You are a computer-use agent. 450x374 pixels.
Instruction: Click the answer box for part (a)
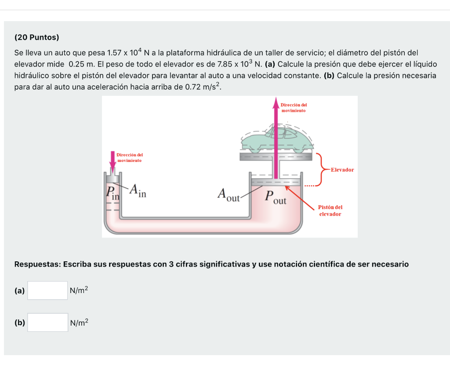47,290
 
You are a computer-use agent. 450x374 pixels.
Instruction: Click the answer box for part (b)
47,323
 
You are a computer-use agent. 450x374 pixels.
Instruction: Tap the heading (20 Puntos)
36,37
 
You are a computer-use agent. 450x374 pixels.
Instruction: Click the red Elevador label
342,169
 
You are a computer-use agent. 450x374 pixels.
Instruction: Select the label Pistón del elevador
330,210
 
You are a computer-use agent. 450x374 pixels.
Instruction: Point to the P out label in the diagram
275,198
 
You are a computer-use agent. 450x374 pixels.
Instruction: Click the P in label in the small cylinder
112,192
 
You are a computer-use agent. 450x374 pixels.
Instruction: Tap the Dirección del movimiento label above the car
294,108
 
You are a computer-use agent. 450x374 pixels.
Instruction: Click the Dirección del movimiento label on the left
130,158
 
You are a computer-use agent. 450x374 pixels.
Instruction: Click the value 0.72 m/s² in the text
203,87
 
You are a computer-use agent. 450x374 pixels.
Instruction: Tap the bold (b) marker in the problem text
329,75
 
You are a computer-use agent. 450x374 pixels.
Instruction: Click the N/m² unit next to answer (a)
79,290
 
